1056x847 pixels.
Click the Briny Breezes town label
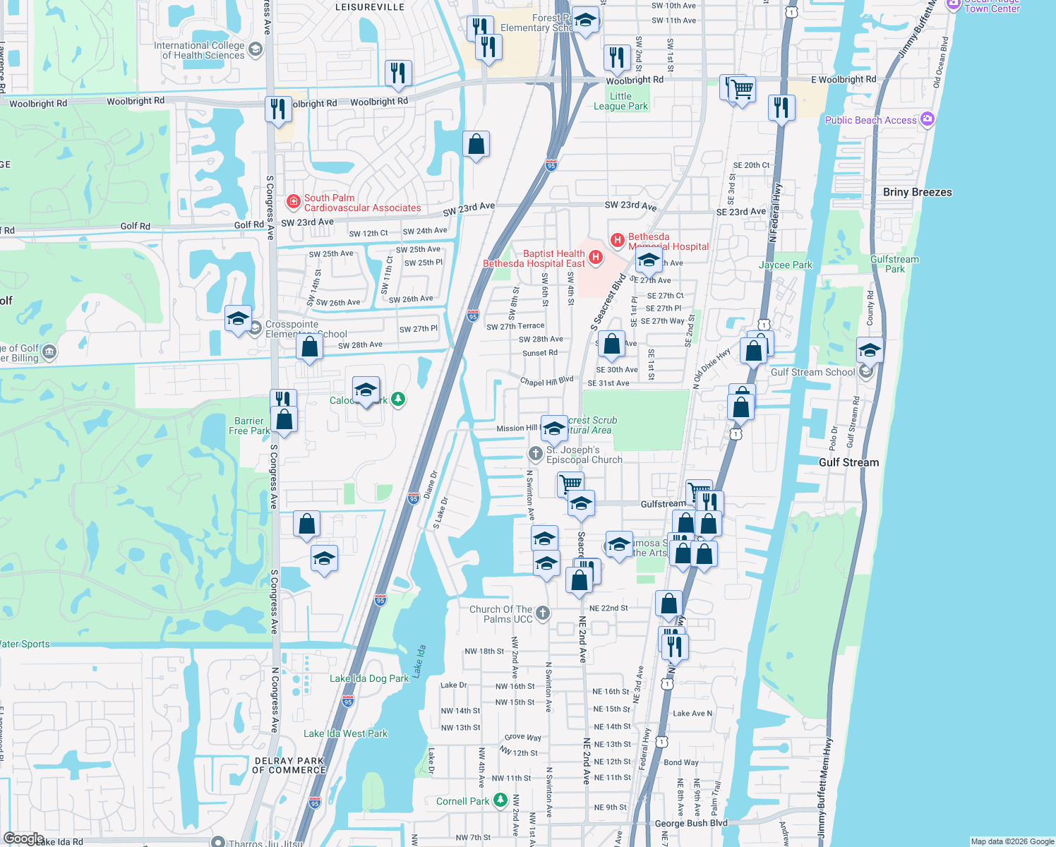(x=917, y=192)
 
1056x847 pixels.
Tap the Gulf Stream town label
(x=848, y=462)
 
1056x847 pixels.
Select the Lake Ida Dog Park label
(x=369, y=678)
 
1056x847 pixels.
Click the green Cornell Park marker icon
(x=500, y=800)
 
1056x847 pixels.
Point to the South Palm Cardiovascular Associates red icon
(x=294, y=203)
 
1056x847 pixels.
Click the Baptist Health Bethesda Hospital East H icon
(x=595, y=258)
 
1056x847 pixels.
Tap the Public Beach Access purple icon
(x=928, y=119)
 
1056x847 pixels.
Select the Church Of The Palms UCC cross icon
(x=542, y=613)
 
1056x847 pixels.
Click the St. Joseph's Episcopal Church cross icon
(x=536, y=453)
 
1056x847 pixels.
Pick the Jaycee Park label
(x=785, y=265)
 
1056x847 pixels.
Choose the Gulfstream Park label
(x=894, y=264)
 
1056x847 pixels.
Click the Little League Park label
(x=620, y=101)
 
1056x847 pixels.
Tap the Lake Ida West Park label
(x=345, y=733)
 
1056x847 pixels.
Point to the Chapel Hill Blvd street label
(x=546, y=381)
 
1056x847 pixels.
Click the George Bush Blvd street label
(x=690, y=823)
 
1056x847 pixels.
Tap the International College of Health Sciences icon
(x=256, y=49)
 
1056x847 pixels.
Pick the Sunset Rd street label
(x=539, y=353)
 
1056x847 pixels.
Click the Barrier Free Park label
(x=249, y=426)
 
